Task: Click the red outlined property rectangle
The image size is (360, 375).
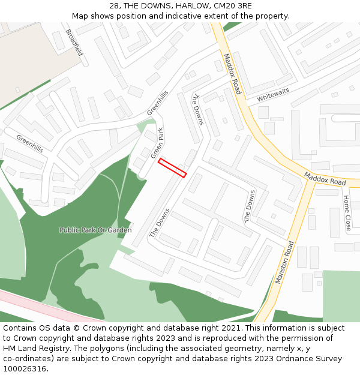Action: (x=172, y=167)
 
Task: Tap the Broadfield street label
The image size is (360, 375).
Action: (x=74, y=43)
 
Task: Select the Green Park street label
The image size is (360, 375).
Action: (x=157, y=142)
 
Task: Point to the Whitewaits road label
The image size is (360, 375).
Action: (x=273, y=94)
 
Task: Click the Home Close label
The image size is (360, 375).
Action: (x=347, y=213)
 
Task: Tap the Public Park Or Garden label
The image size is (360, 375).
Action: (x=95, y=230)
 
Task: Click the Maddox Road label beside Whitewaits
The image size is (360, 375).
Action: (x=232, y=74)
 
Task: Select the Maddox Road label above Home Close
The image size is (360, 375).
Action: (x=325, y=178)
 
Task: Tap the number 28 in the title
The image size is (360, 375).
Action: (x=115, y=6)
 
